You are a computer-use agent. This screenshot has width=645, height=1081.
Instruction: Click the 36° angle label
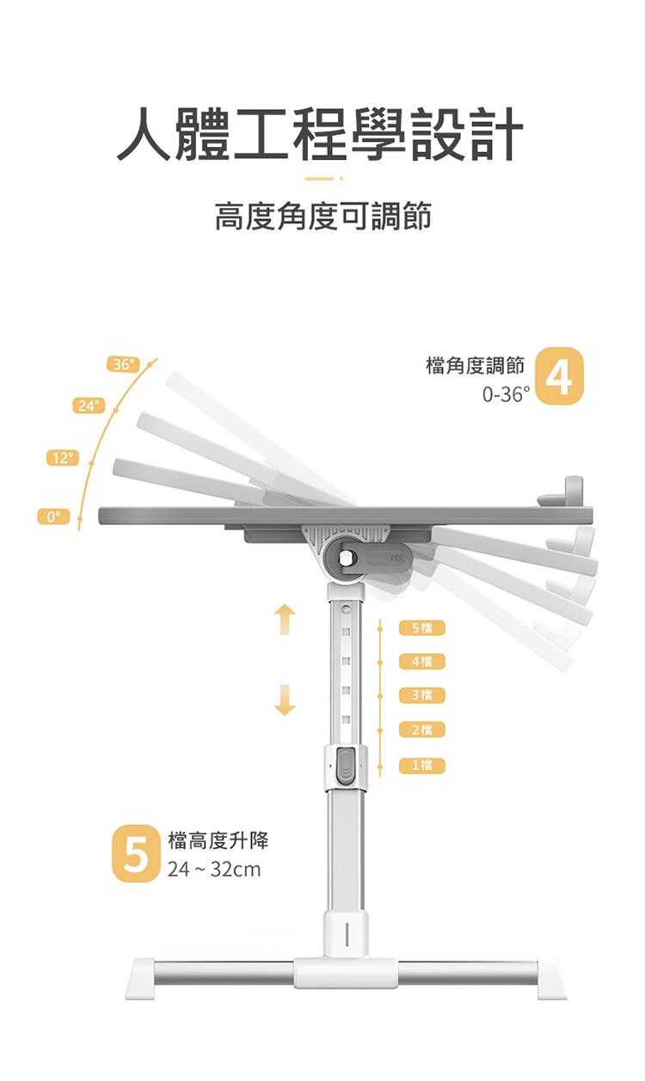coord(123,364)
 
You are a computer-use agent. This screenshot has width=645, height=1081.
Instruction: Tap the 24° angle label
coord(89,406)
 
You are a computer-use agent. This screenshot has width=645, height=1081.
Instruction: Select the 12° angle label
coord(63,457)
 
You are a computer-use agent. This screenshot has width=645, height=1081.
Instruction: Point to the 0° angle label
coord(53,516)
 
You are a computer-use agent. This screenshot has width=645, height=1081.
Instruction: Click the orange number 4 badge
coord(560,376)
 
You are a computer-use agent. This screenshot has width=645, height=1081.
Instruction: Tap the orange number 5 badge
coord(136,853)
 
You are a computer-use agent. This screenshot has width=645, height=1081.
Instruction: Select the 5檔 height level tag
coord(421,628)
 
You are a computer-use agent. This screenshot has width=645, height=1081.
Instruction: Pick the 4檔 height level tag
coord(421,662)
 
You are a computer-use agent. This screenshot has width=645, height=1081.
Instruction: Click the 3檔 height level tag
coord(421,695)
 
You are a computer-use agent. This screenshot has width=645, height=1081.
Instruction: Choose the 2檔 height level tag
coord(421,730)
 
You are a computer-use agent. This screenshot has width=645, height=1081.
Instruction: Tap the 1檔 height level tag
coord(421,766)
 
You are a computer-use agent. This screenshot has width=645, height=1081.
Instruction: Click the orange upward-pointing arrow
coord(285,620)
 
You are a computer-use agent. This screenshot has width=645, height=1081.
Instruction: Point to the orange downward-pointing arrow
coord(285,699)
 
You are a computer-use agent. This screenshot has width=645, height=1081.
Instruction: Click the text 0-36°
coord(506,394)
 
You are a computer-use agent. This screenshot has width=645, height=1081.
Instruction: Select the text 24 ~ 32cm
coord(214,870)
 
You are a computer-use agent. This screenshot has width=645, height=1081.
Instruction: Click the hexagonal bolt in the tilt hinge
coord(346,558)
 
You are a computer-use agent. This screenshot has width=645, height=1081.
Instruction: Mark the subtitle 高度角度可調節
coord(322,217)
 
